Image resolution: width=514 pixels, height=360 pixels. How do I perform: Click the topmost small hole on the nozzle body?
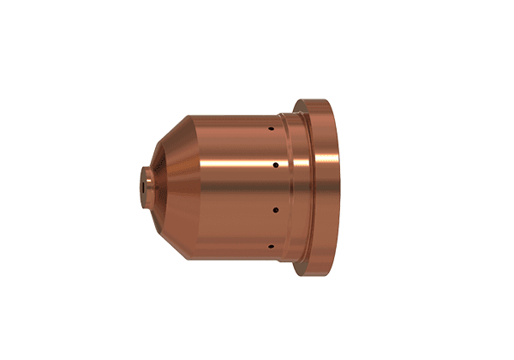271,129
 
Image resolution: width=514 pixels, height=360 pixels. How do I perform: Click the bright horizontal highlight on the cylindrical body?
231,171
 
